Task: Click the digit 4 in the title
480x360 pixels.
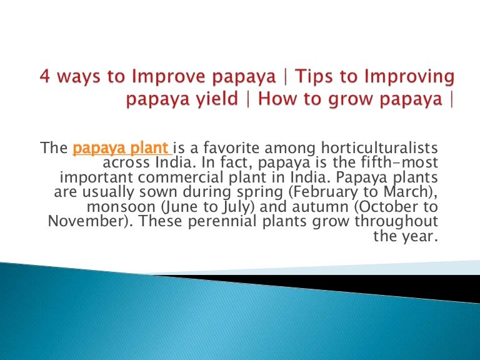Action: (44, 77)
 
